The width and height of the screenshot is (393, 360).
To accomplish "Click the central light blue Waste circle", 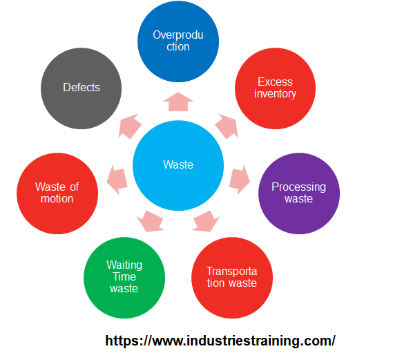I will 178,164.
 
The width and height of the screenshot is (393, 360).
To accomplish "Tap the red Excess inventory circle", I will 275,88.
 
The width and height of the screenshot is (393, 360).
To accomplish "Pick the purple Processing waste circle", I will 298,193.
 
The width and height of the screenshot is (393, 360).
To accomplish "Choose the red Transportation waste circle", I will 231,276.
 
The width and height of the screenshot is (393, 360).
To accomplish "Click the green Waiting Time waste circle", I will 124,276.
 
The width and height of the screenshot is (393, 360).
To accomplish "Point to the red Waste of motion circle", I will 57,193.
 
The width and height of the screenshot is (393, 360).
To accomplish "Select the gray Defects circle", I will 82,88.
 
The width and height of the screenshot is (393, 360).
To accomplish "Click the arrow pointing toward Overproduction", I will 178,102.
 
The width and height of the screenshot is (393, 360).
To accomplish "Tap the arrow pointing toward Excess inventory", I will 227,126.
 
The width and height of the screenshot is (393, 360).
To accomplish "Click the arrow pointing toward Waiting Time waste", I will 151,220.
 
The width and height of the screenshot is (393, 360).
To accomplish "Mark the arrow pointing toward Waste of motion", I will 117,178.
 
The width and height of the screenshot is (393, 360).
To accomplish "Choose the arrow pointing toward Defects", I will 131,126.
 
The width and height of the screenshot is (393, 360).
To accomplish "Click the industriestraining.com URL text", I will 220,341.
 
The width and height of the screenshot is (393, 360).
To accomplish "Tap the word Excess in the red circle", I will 275,82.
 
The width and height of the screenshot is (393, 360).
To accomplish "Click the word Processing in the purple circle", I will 298,187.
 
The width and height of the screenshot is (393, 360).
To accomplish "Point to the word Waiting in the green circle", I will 124,265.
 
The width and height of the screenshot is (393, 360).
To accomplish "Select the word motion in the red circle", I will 57,199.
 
